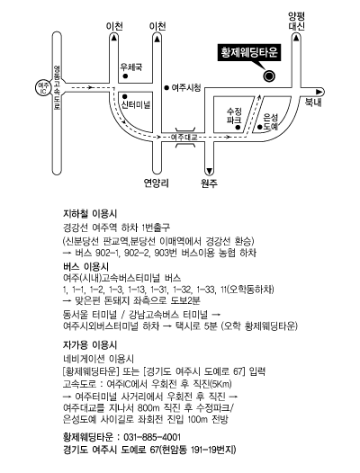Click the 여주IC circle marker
point(42,88)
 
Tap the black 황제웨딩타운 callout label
point(249,53)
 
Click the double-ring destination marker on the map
point(269,76)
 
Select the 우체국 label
point(131,67)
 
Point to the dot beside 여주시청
point(166,88)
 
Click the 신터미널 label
point(136,104)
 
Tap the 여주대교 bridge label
point(184,138)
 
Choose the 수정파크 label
point(234,115)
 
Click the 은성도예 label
point(270,122)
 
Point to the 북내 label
point(313,103)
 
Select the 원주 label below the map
point(209,183)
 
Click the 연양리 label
point(156,183)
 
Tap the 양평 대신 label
point(296,21)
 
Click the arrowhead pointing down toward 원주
point(209,171)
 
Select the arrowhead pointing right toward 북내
point(319,92)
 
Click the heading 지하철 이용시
point(90,214)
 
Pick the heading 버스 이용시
point(85,267)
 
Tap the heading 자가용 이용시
point(90,344)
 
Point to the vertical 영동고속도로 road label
point(57,88)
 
